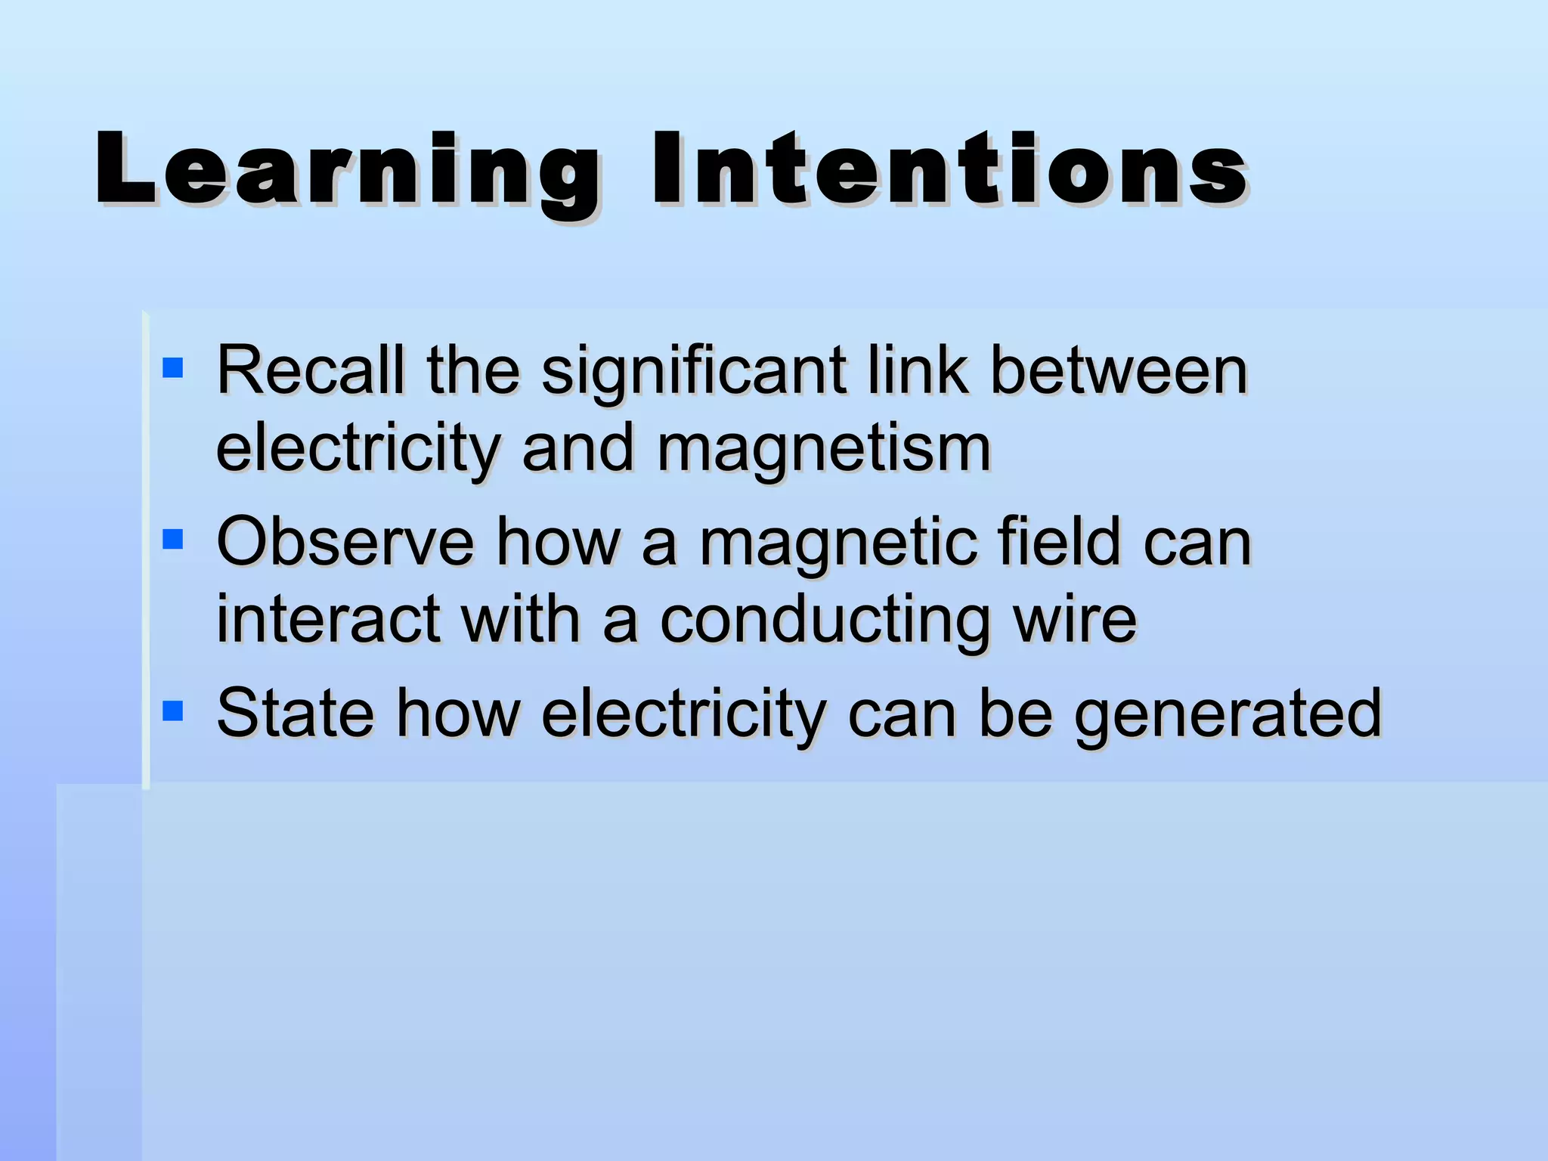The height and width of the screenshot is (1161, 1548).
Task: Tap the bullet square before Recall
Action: (173, 368)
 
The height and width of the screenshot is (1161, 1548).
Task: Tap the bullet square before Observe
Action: (173, 539)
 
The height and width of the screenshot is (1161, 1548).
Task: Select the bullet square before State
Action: (173, 711)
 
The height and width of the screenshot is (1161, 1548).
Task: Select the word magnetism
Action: (823, 449)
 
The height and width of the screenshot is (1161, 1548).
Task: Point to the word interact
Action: (328, 619)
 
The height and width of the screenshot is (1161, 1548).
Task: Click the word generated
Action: (1228, 715)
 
